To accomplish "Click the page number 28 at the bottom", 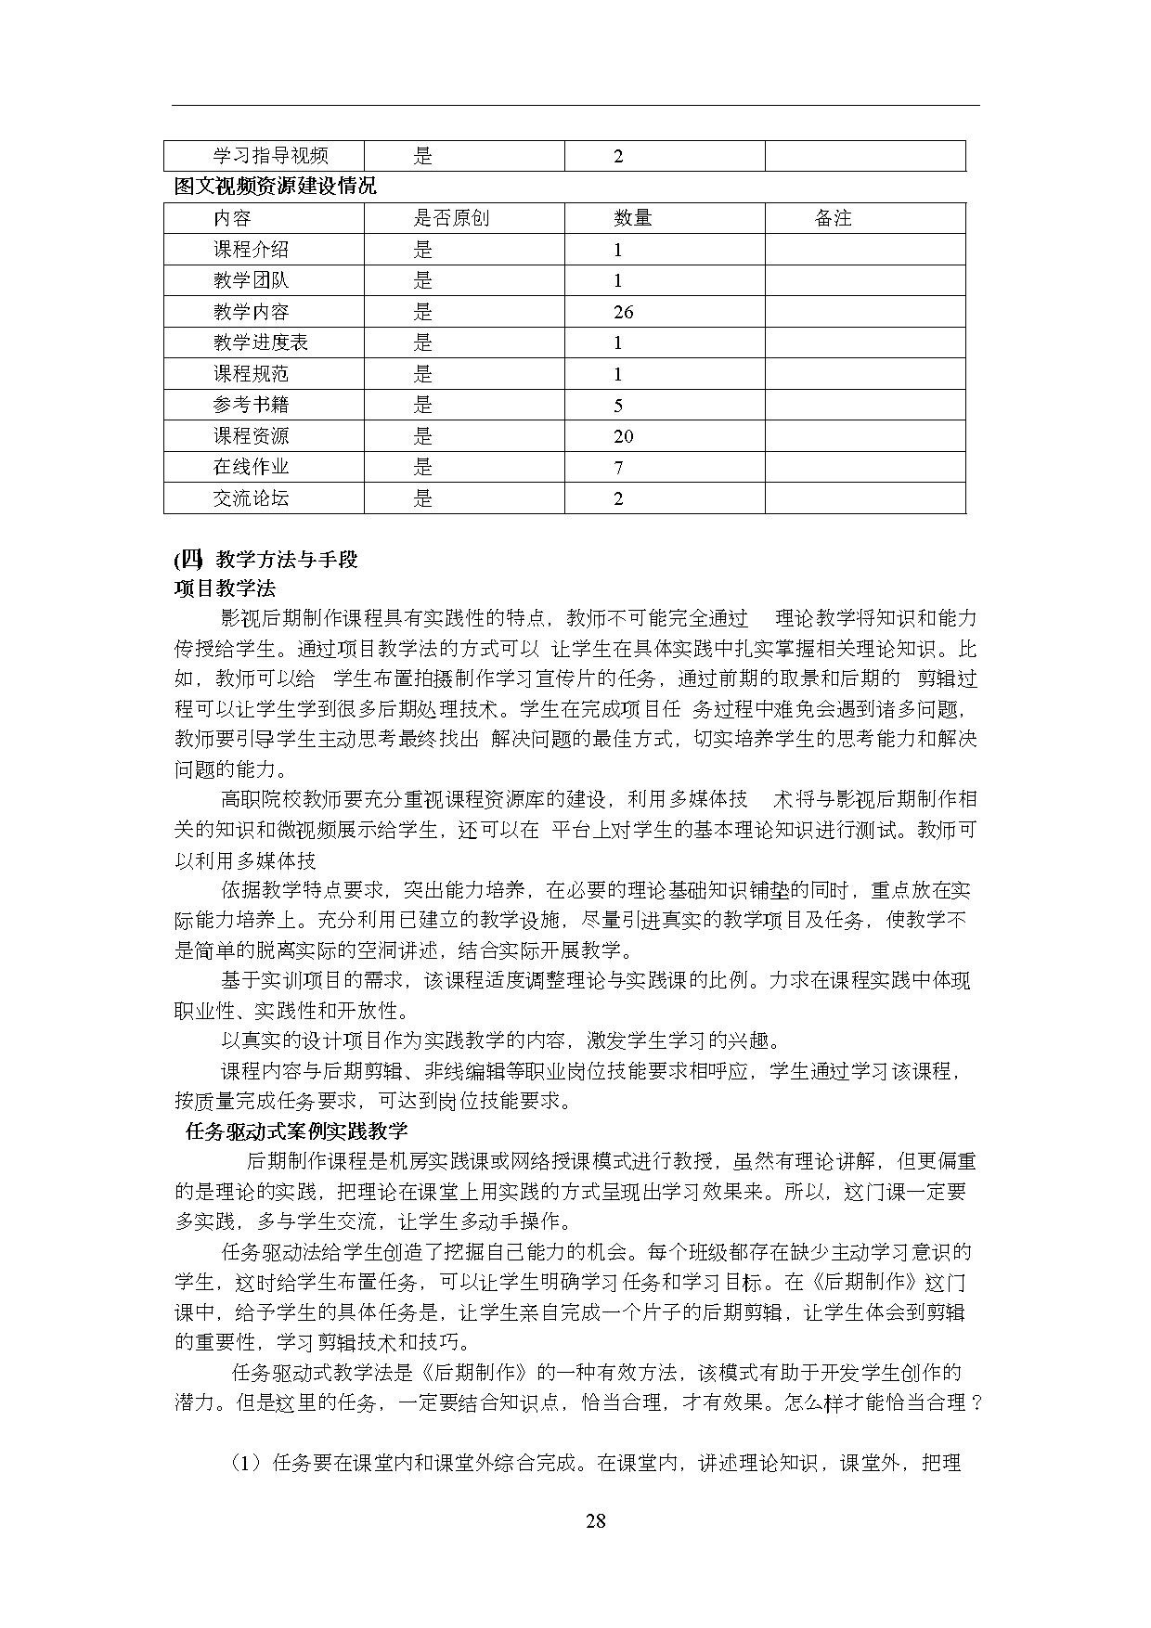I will click(596, 1520).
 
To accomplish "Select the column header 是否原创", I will click(451, 218).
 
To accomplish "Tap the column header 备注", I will click(833, 218).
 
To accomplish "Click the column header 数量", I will click(633, 218).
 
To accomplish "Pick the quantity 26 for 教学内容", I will click(624, 312).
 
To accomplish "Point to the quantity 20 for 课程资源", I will click(624, 436).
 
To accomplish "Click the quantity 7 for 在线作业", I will click(618, 467).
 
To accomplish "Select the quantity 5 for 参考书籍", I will click(618, 405).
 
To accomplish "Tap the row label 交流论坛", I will click(251, 498).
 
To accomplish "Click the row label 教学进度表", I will click(260, 342).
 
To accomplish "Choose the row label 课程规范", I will click(251, 374).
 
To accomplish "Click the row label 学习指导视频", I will click(270, 156).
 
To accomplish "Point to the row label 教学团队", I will click(251, 280).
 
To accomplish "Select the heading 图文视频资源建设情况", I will click(276, 187).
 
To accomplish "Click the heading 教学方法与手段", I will click(286, 559).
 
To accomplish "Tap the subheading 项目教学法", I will click(225, 588).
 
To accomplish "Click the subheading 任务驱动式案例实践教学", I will click(297, 1131).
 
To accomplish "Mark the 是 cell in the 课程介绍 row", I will click(423, 250).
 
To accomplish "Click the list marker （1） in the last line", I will click(247, 1464).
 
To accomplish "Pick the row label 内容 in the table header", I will click(232, 218).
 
